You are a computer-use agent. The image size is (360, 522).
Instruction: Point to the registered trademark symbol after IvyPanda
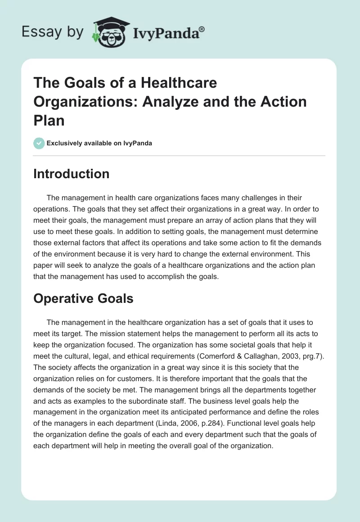pyautogui.click(x=202, y=29)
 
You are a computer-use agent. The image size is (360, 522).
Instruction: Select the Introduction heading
pyautogui.click(x=72, y=174)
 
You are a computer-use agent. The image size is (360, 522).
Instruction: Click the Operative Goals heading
pyautogui.click(x=83, y=298)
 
